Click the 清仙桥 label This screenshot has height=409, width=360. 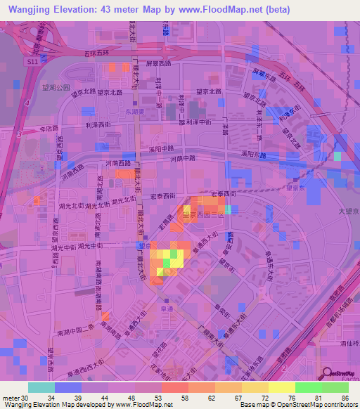[x=345, y=344]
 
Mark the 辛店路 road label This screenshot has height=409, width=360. [x=48, y=129]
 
